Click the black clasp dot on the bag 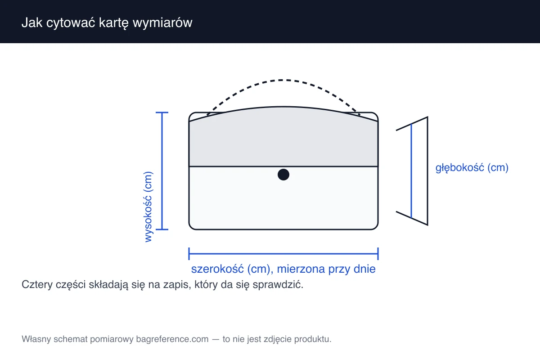pos(283,175)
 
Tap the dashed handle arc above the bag pos(283,80)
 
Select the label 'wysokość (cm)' pos(148,207)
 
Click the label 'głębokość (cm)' pos(472,167)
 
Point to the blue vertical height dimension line pos(162,171)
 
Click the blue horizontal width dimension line pos(283,254)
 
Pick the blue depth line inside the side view pos(411,171)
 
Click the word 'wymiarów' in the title pos(162,23)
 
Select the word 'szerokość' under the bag pos(217,269)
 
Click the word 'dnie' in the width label pos(364,269)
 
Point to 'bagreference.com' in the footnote pos(172,339)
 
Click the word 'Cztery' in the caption pos(37,285)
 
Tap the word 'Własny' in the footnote pos(36,339)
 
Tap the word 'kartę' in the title pos(114,23)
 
